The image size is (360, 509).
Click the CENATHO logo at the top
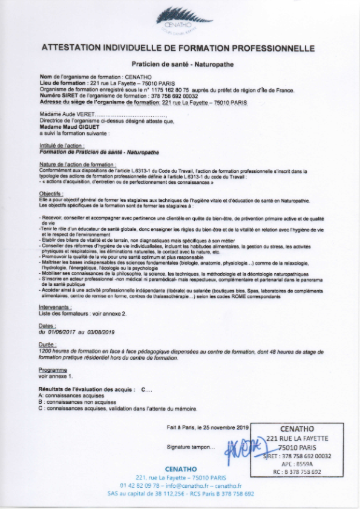coord(180,21)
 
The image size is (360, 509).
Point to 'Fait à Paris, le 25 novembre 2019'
coord(209,428)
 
